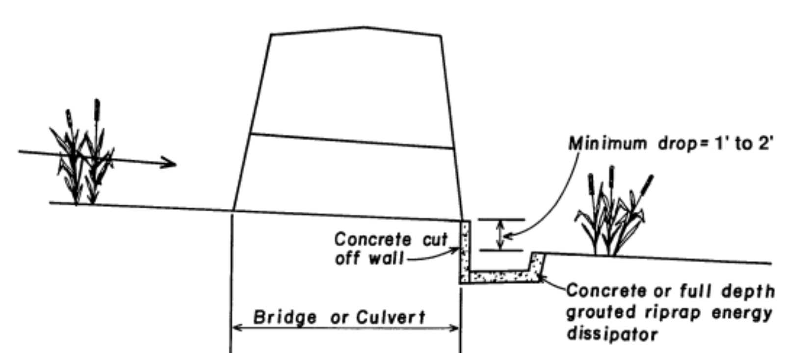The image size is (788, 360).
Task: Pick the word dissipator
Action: coord(612,334)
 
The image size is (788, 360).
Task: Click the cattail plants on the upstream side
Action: coord(83,157)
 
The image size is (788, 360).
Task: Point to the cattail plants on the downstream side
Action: coord(613,216)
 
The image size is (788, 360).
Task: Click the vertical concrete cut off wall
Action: coord(464,250)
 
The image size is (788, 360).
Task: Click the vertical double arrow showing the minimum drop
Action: coord(500,235)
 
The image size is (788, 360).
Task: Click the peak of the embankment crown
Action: coord(364,27)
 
